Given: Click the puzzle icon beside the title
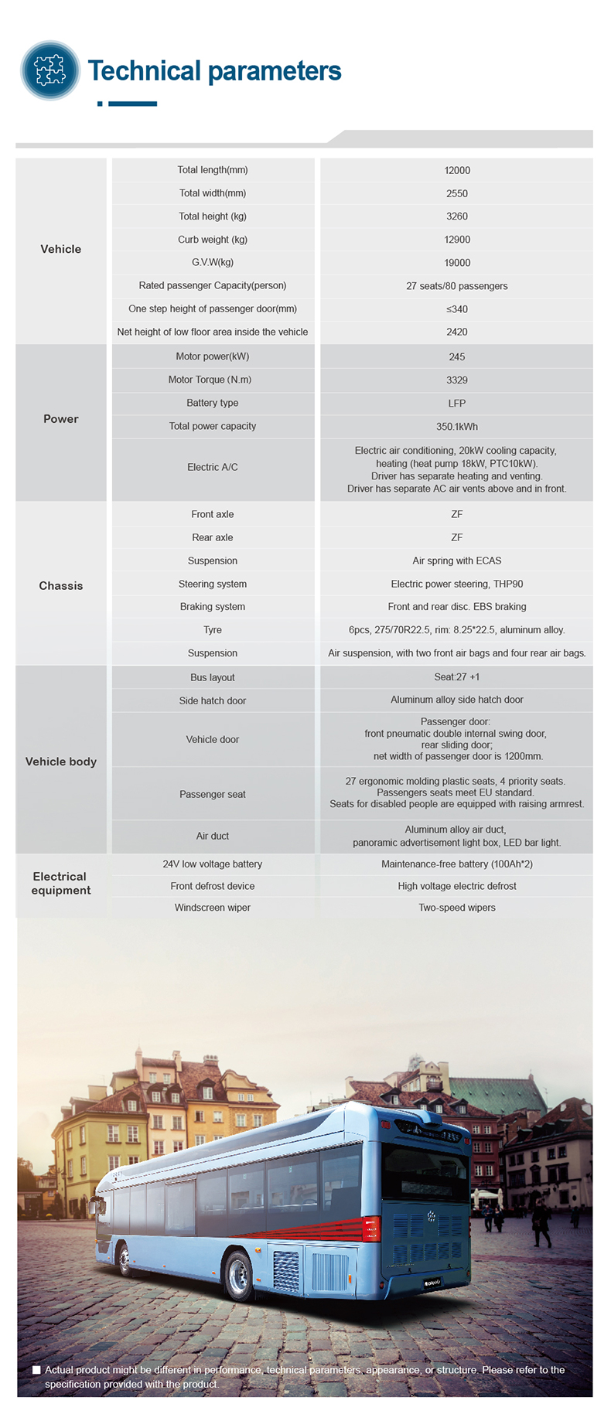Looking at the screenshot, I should (x=50, y=70).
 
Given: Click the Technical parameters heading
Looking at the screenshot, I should (x=214, y=71).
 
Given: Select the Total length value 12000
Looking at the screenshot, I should (x=457, y=170).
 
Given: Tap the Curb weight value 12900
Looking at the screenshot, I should (x=457, y=240).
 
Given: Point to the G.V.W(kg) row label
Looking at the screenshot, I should (x=213, y=263).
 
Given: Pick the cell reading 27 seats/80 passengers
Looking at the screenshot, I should (x=457, y=286).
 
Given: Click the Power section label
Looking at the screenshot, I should (x=61, y=419).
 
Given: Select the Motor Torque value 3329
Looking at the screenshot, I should (x=457, y=380).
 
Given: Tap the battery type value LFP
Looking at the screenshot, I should (x=457, y=404).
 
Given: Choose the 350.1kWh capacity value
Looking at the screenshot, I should (x=457, y=427).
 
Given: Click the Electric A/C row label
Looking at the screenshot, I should (x=213, y=467).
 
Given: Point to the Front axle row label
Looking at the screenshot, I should (x=213, y=514).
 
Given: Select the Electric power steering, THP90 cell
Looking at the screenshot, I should (x=457, y=584).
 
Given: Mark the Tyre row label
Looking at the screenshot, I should (x=213, y=630).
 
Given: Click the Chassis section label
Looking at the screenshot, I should (x=61, y=586).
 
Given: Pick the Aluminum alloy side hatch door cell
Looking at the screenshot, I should (x=457, y=700).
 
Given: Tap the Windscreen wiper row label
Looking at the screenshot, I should (x=213, y=908).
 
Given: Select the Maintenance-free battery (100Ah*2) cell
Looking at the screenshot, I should (x=457, y=864).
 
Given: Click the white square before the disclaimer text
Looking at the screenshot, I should (x=36, y=1370).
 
